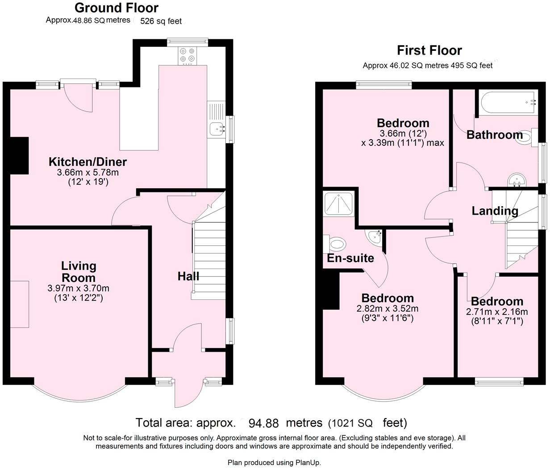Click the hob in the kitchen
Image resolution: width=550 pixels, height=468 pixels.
pyautogui.click(x=187, y=56)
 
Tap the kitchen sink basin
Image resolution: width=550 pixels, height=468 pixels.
pyautogui.click(x=217, y=129)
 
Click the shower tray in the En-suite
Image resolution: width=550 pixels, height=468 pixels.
pyautogui.click(x=338, y=203)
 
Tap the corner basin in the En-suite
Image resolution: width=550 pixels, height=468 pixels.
pyautogui.click(x=375, y=236)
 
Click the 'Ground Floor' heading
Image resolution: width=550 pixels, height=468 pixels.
pyautogui.click(x=117, y=8)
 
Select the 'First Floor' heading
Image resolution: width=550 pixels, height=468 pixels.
pyautogui.click(x=429, y=50)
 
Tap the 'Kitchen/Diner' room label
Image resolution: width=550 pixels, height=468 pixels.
pyautogui.click(x=87, y=162)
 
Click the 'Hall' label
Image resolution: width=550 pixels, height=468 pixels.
pyautogui.click(x=188, y=276)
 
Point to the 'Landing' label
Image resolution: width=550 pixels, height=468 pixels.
pyautogui.click(x=495, y=211)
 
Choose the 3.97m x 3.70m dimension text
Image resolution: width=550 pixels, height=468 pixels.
pyautogui.click(x=78, y=288)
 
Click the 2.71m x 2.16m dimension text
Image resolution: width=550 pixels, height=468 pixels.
pyautogui.click(x=497, y=311)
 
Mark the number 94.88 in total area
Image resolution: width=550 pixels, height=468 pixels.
pyautogui.click(x=263, y=423)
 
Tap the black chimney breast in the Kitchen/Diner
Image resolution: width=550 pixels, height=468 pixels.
pyautogui.click(x=19, y=156)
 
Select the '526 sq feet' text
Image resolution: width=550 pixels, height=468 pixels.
pyautogui.click(x=161, y=21)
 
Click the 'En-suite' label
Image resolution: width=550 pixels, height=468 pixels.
pyautogui.click(x=350, y=258)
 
